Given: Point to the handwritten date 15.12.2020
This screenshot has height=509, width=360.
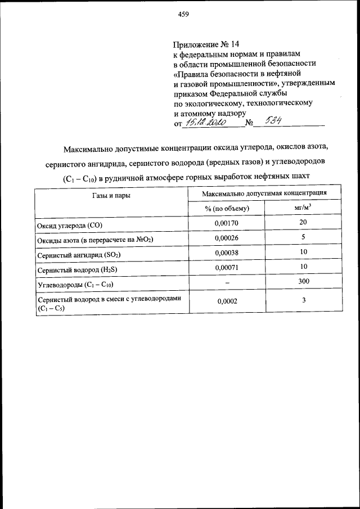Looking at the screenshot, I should (206, 123).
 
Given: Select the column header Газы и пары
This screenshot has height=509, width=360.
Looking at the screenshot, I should (111, 195).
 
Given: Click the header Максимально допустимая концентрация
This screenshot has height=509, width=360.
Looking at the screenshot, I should (264, 193).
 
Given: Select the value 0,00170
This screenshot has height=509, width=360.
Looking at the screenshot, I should (227, 224).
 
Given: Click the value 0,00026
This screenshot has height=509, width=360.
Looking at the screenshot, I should (227, 238).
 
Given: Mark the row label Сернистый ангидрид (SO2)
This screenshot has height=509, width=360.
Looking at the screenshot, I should (79, 255).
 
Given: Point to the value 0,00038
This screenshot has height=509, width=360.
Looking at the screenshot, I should (227, 253).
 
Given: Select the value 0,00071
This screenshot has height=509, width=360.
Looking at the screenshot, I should (227, 268).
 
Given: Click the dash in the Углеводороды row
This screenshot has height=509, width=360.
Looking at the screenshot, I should (227, 283).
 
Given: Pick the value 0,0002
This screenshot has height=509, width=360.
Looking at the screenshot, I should (227, 301).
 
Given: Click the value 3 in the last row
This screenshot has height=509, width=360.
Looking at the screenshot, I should (303, 301).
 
